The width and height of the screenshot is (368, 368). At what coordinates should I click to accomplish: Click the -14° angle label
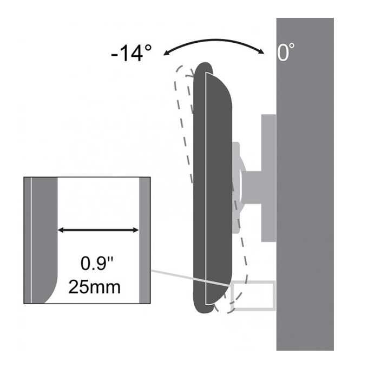click(131, 53)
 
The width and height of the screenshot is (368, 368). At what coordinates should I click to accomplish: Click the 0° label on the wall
click(286, 52)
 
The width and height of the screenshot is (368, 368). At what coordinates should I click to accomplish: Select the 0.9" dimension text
click(97, 264)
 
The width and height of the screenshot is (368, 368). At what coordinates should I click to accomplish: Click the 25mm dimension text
click(94, 287)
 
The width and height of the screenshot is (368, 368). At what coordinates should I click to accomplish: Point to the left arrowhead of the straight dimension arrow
click(61, 230)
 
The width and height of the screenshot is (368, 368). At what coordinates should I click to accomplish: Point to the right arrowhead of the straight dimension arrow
click(136, 230)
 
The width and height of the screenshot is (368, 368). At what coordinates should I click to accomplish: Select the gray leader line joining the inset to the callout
click(190, 278)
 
